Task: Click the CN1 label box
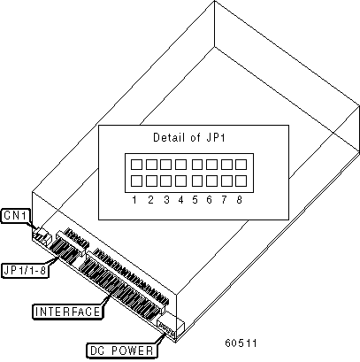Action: click(16, 216)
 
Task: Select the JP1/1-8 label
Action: click(25, 270)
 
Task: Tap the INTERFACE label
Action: click(68, 312)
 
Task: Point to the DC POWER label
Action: click(122, 350)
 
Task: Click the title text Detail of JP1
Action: click(189, 137)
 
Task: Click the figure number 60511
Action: click(241, 343)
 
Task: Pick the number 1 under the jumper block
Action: click(134, 200)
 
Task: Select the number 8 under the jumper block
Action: click(239, 200)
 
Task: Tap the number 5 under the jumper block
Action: click(195, 200)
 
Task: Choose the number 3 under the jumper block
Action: click(167, 200)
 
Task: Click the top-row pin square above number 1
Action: click(136, 165)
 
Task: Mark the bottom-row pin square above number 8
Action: click(241, 181)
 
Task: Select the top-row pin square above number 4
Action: click(180, 165)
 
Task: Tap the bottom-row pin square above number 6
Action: click(211, 181)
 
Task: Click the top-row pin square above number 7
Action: click(226, 165)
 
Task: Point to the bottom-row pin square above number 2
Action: click(151, 181)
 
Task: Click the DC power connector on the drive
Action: click(166, 328)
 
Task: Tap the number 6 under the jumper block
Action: click(210, 200)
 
